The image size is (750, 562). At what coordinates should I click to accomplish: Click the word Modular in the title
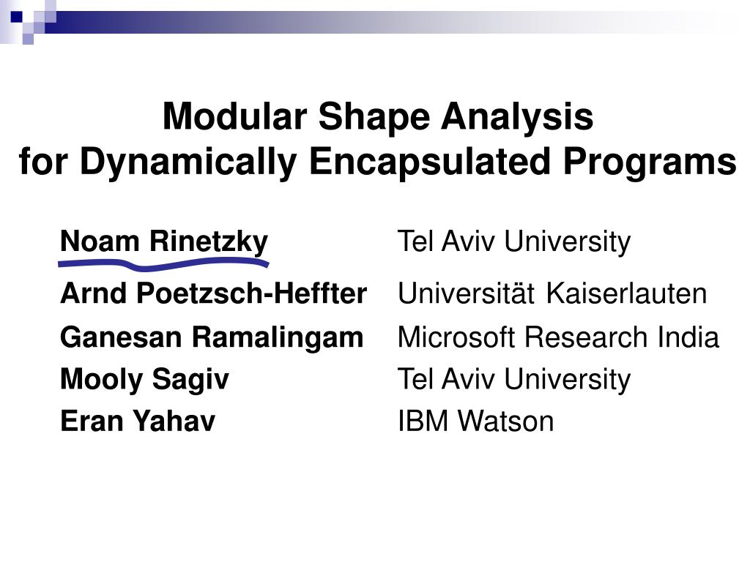coord(234,116)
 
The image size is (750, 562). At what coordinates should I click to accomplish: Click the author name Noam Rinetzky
coord(164,242)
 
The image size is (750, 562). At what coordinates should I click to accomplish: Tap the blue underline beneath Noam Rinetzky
coord(163,263)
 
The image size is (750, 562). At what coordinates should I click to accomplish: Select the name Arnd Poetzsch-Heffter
coord(213,293)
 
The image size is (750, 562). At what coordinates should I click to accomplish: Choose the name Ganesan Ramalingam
coord(212,338)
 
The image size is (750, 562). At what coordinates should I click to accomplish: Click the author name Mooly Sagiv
coord(144,381)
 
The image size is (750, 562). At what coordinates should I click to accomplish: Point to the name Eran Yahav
coord(138,421)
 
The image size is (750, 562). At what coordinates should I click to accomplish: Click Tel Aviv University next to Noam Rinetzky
coord(514,242)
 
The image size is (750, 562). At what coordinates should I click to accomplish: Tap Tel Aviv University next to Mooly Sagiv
coord(514,381)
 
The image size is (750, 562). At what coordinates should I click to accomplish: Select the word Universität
coord(466,293)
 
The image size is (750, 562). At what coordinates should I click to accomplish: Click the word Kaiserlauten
coord(627,293)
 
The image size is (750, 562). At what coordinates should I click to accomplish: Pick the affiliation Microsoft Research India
coord(558,337)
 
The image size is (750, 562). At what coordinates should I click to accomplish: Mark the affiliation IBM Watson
coord(475,421)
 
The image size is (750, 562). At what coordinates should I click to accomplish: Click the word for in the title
coord(43,161)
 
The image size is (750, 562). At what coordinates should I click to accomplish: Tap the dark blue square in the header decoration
coord(16,18)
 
